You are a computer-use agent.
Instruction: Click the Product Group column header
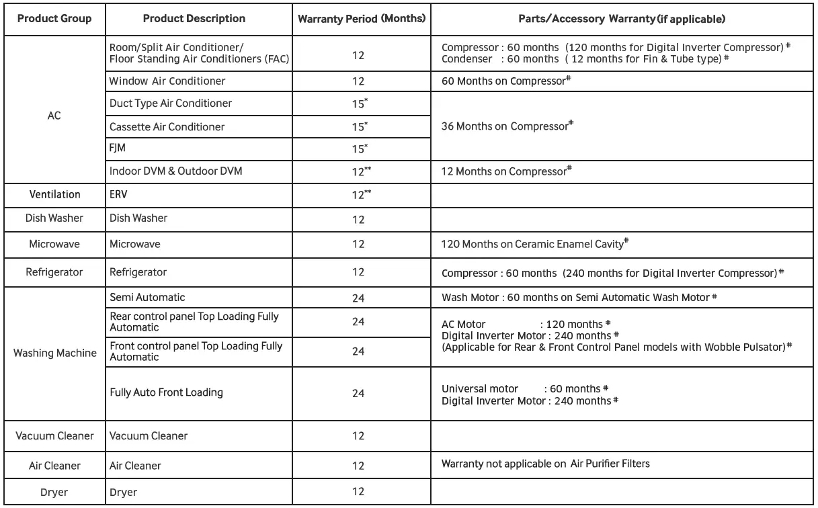(54, 18)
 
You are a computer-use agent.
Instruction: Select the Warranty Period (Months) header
(362, 18)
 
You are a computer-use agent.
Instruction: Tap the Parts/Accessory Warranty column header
(622, 18)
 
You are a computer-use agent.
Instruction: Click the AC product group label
(54, 115)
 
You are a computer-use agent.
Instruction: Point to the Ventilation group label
(54, 195)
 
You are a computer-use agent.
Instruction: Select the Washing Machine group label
(54, 353)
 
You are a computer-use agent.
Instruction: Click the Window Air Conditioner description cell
(167, 81)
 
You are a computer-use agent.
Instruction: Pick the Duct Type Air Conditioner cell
(171, 103)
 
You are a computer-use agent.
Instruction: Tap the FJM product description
(119, 149)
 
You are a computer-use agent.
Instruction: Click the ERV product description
(120, 195)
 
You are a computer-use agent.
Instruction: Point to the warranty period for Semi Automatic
(358, 297)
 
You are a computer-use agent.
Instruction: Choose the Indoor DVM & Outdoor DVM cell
(175, 171)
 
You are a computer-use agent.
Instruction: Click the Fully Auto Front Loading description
(166, 392)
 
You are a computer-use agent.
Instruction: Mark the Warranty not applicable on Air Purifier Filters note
(545, 464)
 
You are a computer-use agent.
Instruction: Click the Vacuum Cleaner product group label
(54, 436)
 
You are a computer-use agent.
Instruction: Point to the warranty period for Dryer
(358, 491)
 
